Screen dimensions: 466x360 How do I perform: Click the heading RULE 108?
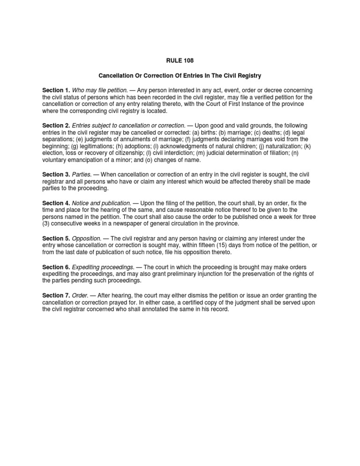click(180, 60)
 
